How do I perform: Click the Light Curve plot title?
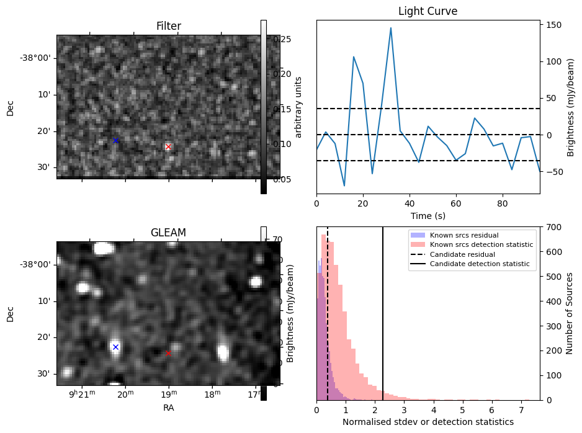(428, 11)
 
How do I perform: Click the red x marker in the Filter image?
(168, 147)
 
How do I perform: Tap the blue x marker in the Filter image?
(115, 141)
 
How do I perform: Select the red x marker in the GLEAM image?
(168, 354)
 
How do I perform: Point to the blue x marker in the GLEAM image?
(115, 347)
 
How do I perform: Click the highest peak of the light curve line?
(391, 28)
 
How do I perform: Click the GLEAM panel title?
(168, 233)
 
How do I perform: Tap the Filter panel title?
(168, 26)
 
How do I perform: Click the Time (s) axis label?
(428, 216)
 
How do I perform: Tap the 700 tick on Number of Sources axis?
(553, 227)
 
